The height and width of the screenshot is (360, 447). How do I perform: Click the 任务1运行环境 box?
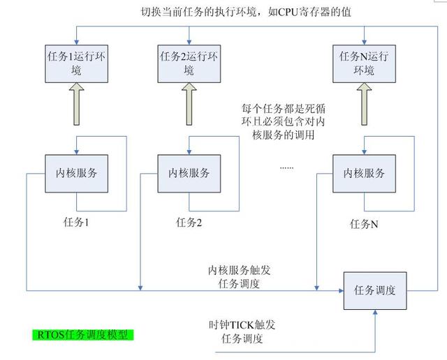75,61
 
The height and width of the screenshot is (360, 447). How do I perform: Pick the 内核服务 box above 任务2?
189,172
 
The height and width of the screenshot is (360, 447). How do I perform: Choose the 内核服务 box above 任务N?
363,172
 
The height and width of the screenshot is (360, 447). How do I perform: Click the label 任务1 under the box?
76,223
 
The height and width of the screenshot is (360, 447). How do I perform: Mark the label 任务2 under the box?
189,223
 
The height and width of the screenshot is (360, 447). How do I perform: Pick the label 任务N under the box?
364,225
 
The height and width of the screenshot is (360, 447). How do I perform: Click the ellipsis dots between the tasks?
286,168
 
